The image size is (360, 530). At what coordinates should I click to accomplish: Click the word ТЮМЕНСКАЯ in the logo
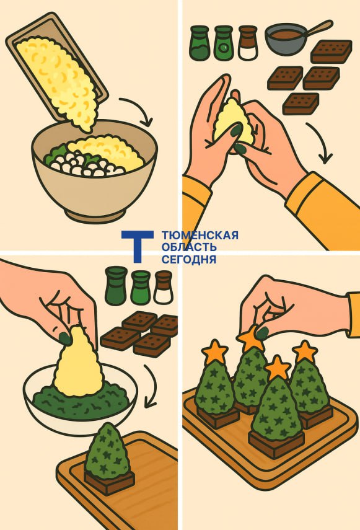(200, 235)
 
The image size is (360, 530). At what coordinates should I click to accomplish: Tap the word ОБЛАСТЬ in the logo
(189, 247)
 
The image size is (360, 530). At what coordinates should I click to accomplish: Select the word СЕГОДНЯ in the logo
(189, 259)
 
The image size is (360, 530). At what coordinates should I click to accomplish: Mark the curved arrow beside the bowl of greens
(152, 386)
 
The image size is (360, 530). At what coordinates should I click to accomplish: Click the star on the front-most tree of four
(277, 368)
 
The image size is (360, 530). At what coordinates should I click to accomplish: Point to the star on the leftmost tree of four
(214, 351)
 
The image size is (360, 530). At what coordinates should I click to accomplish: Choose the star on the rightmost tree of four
(305, 352)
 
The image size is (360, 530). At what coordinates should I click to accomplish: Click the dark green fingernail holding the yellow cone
(65, 338)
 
